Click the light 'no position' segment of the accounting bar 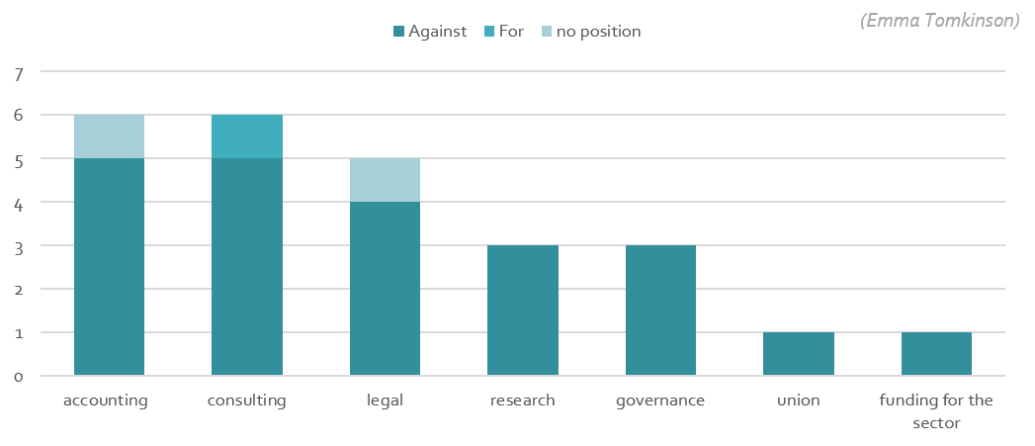click(109, 136)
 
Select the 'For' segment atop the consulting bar click(247, 136)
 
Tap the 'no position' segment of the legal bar click(385, 180)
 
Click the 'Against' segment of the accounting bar click(109, 267)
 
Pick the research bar click(523, 311)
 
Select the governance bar click(660, 311)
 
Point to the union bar click(799, 354)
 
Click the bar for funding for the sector click(936, 354)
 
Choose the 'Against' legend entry click(430, 32)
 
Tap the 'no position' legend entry click(590, 32)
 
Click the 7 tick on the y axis click(19, 72)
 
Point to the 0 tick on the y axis click(19, 377)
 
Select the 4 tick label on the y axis click(19, 203)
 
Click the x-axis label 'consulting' click(247, 401)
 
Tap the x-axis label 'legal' click(385, 401)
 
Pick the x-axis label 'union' click(799, 401)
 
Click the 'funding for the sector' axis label click(936, 411)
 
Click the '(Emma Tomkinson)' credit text click(939, 21)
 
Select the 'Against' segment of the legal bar click(385, 289)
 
